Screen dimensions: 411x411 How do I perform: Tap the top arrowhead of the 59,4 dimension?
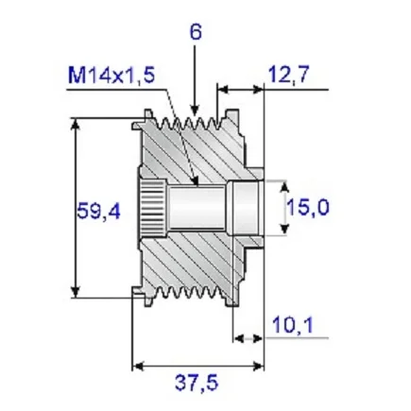click(x=74, y=124)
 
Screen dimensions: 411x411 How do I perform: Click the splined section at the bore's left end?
click(x=154, y=207)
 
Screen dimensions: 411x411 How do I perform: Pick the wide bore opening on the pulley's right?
click(x=245, y=207)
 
